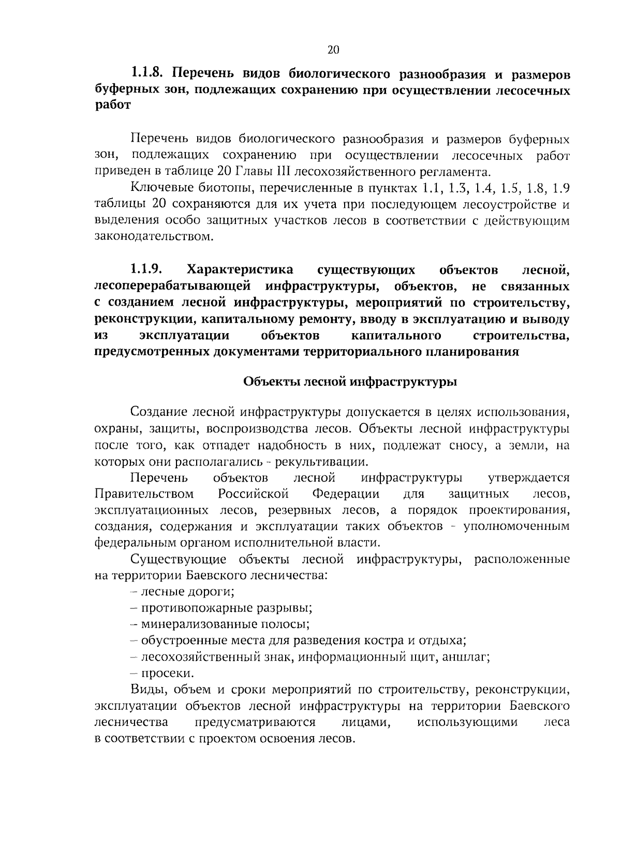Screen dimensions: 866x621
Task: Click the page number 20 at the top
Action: click(x=333, y=50)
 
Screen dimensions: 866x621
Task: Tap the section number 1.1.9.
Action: click(x=147, y=270)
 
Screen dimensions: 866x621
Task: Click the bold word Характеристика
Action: click(x=240, y=270)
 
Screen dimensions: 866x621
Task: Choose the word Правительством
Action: click(x=144, y=494)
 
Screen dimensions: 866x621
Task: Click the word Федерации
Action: click(x=345, y=494)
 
